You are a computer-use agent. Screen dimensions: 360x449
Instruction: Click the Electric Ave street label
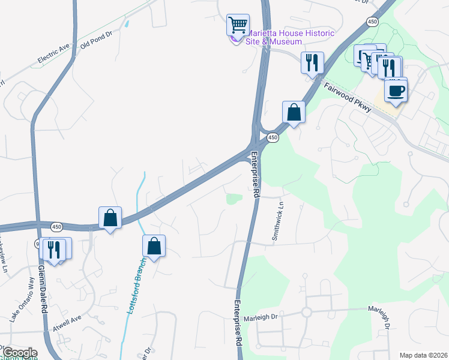coord(54,52)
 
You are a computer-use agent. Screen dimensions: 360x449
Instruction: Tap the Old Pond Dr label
coord(97,41)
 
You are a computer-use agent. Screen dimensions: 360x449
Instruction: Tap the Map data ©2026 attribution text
coord(423,355)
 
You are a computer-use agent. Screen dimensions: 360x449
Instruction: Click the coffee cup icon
coord(396,91)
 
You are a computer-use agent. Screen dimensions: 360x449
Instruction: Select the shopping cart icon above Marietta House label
coord(238,25)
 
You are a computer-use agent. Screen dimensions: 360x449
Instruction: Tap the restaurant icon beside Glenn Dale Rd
coord(55,248)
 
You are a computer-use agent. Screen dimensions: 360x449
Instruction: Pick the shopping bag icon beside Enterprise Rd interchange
coord(294,112)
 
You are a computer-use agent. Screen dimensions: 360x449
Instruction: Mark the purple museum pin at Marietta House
coord(235,40)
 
